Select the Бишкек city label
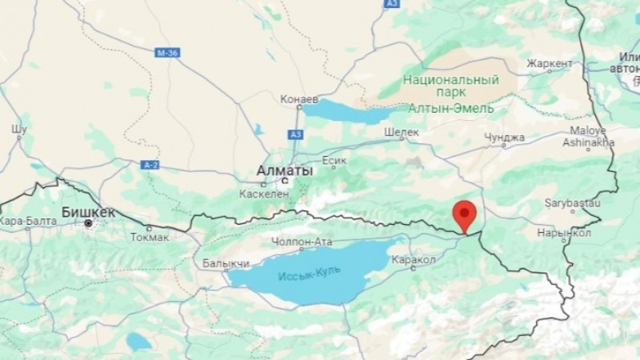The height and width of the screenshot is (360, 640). [x=88, y=212]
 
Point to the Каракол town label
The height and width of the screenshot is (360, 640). [x=414, y=259]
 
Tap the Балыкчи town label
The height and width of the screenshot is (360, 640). [x=226, y=262]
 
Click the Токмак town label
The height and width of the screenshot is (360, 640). [x=150, y=236]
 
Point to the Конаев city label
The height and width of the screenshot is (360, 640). [x=299, y=100]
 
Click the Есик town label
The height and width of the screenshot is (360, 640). [x=334, y=161]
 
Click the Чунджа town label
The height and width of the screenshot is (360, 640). [x=504, y=138]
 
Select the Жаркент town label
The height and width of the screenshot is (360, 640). [x=550, y=63]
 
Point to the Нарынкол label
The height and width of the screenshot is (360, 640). [x=564, y=233]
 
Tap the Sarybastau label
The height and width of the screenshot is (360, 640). [x=571, y=203]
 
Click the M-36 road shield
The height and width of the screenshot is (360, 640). [x=166, y=52]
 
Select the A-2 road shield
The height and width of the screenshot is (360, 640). [x=150, y=165]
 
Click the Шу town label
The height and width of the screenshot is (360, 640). [x=19, y=128]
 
